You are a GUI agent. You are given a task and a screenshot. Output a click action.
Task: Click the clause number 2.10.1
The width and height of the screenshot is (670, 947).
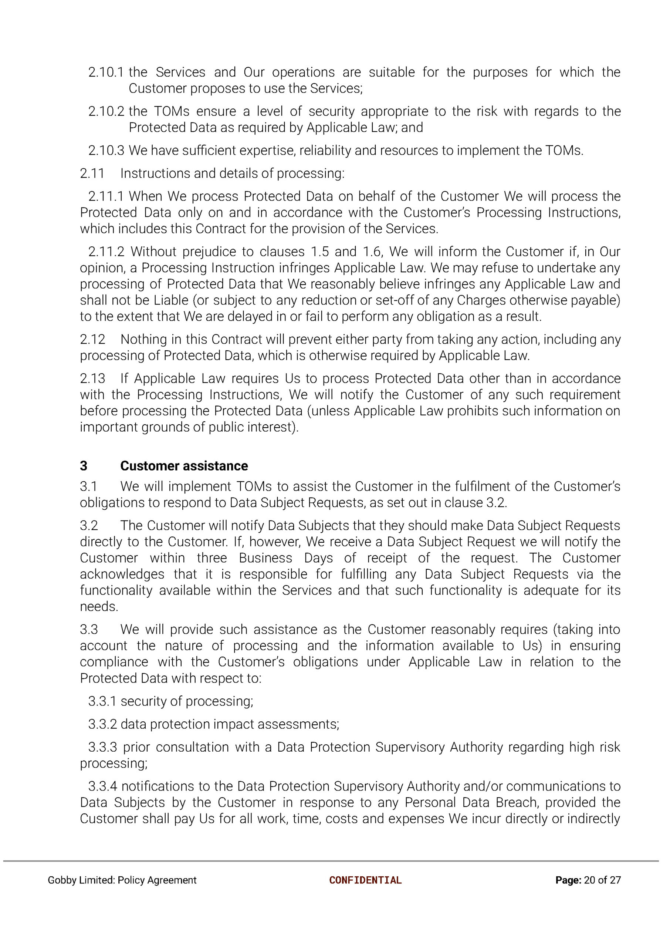coord(106,72)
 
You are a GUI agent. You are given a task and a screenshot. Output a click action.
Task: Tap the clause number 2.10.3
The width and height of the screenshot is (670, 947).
coord(106,151)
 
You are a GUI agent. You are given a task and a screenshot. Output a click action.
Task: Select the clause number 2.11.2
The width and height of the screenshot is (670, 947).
coord(106,252)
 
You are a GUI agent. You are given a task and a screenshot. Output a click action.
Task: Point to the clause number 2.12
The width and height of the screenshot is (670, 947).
coord(92,339)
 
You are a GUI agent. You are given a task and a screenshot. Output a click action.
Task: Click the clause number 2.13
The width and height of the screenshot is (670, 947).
coord(92,378)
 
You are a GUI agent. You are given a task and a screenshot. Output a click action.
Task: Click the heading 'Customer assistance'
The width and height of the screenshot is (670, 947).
coord(184,466)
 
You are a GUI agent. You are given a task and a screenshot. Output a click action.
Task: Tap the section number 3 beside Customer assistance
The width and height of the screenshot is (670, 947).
coord(83,466)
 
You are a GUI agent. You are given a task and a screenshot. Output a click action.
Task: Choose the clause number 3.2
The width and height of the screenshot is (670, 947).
coord(89,526)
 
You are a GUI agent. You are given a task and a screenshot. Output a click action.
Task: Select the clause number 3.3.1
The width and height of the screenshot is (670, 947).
coord(102,701)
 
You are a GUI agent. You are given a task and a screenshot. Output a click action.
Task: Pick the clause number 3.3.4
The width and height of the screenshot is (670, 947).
coord(102,786)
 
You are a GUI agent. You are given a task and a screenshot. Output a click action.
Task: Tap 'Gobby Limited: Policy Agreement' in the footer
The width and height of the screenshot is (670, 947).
coord(122,880)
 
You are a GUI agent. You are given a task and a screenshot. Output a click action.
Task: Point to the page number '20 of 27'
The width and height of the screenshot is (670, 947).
coord(602,880)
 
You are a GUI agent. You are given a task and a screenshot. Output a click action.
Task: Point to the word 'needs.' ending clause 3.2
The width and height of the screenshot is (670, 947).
coord(99,607)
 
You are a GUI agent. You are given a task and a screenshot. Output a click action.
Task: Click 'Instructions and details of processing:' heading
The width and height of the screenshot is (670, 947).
coord(232,173)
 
